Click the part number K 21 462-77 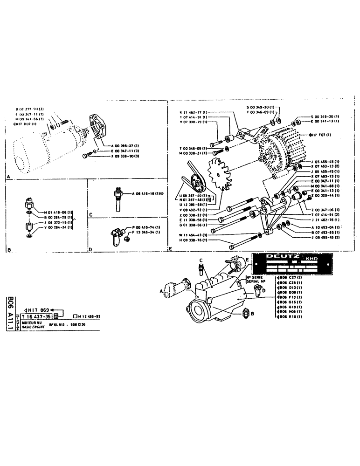(189, 113)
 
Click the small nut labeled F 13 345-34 (128, 239)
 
